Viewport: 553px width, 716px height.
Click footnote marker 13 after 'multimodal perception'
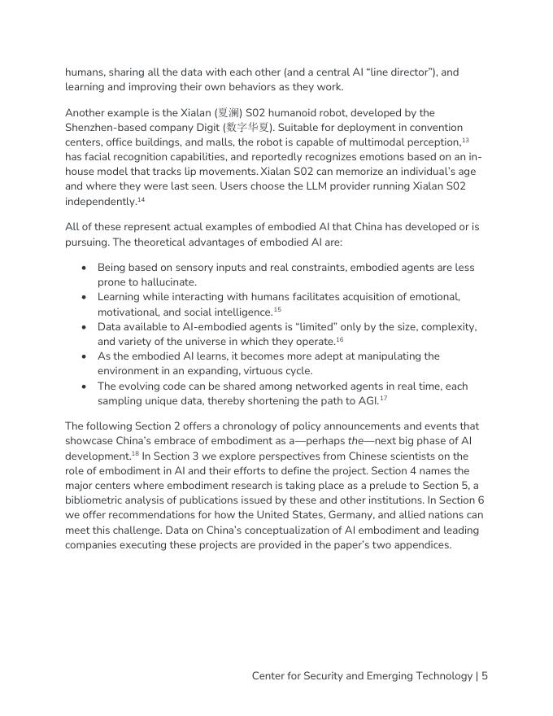coord(465,140)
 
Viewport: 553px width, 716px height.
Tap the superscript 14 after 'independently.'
coord(141,199)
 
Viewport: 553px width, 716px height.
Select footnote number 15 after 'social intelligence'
coord(276,310)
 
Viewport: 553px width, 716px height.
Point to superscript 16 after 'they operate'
coord(339,339)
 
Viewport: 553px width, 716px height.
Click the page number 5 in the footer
coord(484,676)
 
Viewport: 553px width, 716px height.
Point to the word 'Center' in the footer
coord(271,676)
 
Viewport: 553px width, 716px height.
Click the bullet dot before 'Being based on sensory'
coord(85,268)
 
